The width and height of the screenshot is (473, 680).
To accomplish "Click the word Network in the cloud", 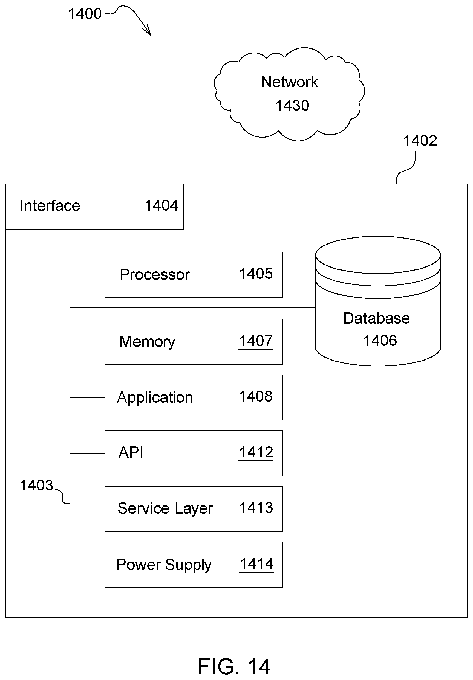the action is (x=290, y=82).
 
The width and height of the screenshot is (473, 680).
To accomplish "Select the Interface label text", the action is (x=50, y=205).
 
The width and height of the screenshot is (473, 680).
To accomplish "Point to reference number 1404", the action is (x=161, y=205).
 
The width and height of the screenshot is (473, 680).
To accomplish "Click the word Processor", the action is (x=155, y=275).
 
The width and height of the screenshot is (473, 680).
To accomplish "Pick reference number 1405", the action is (x=256, y=274).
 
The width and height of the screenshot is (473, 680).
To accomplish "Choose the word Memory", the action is (x=147, y=342).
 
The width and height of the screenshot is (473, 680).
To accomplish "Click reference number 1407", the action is (x=256, y=341).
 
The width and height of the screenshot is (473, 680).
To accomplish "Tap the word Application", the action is (x=155, y=397).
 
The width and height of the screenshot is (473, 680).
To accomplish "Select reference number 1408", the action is (x=255, y=396).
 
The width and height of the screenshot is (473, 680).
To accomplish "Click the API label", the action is (x=131, y=452).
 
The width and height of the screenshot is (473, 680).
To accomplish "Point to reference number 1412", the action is (x=256, y=452).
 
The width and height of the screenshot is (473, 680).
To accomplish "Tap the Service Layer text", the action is (x=165, y=508).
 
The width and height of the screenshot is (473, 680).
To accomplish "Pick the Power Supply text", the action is (x=164, y=565).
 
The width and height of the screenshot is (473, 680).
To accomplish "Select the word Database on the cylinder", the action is (x=376, y=318).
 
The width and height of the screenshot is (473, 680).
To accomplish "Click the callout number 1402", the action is (x=420, y=141).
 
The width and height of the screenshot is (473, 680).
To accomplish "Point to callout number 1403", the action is (x=36, y=486).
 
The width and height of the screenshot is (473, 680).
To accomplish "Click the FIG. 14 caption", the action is (x=234, y=666).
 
